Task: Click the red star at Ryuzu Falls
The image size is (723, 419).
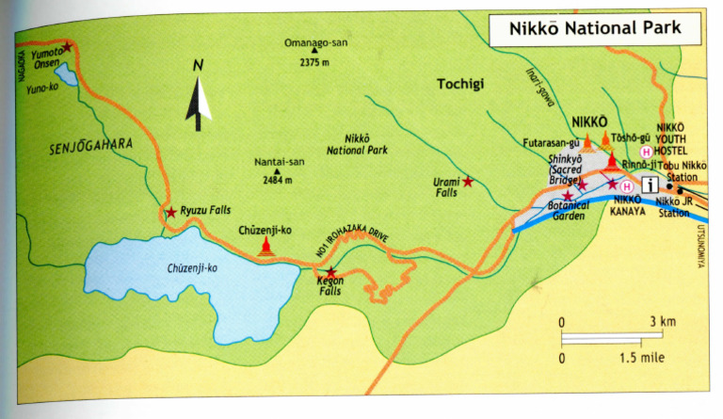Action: tap(170, 213)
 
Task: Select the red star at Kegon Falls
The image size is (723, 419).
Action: tap(330, 272)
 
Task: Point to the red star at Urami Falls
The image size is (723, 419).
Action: tap(468, 182)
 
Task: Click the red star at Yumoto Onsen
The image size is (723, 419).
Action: tap(67, 46)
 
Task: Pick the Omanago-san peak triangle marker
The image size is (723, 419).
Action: tap(310, 54)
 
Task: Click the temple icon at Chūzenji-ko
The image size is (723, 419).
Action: tap(266, 248)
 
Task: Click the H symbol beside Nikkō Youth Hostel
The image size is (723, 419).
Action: tap(646, 151)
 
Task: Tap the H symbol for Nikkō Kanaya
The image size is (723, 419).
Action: tap(625, 185)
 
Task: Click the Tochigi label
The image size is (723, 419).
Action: tap(459, 85)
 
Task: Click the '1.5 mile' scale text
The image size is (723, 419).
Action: tap(644, 358)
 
